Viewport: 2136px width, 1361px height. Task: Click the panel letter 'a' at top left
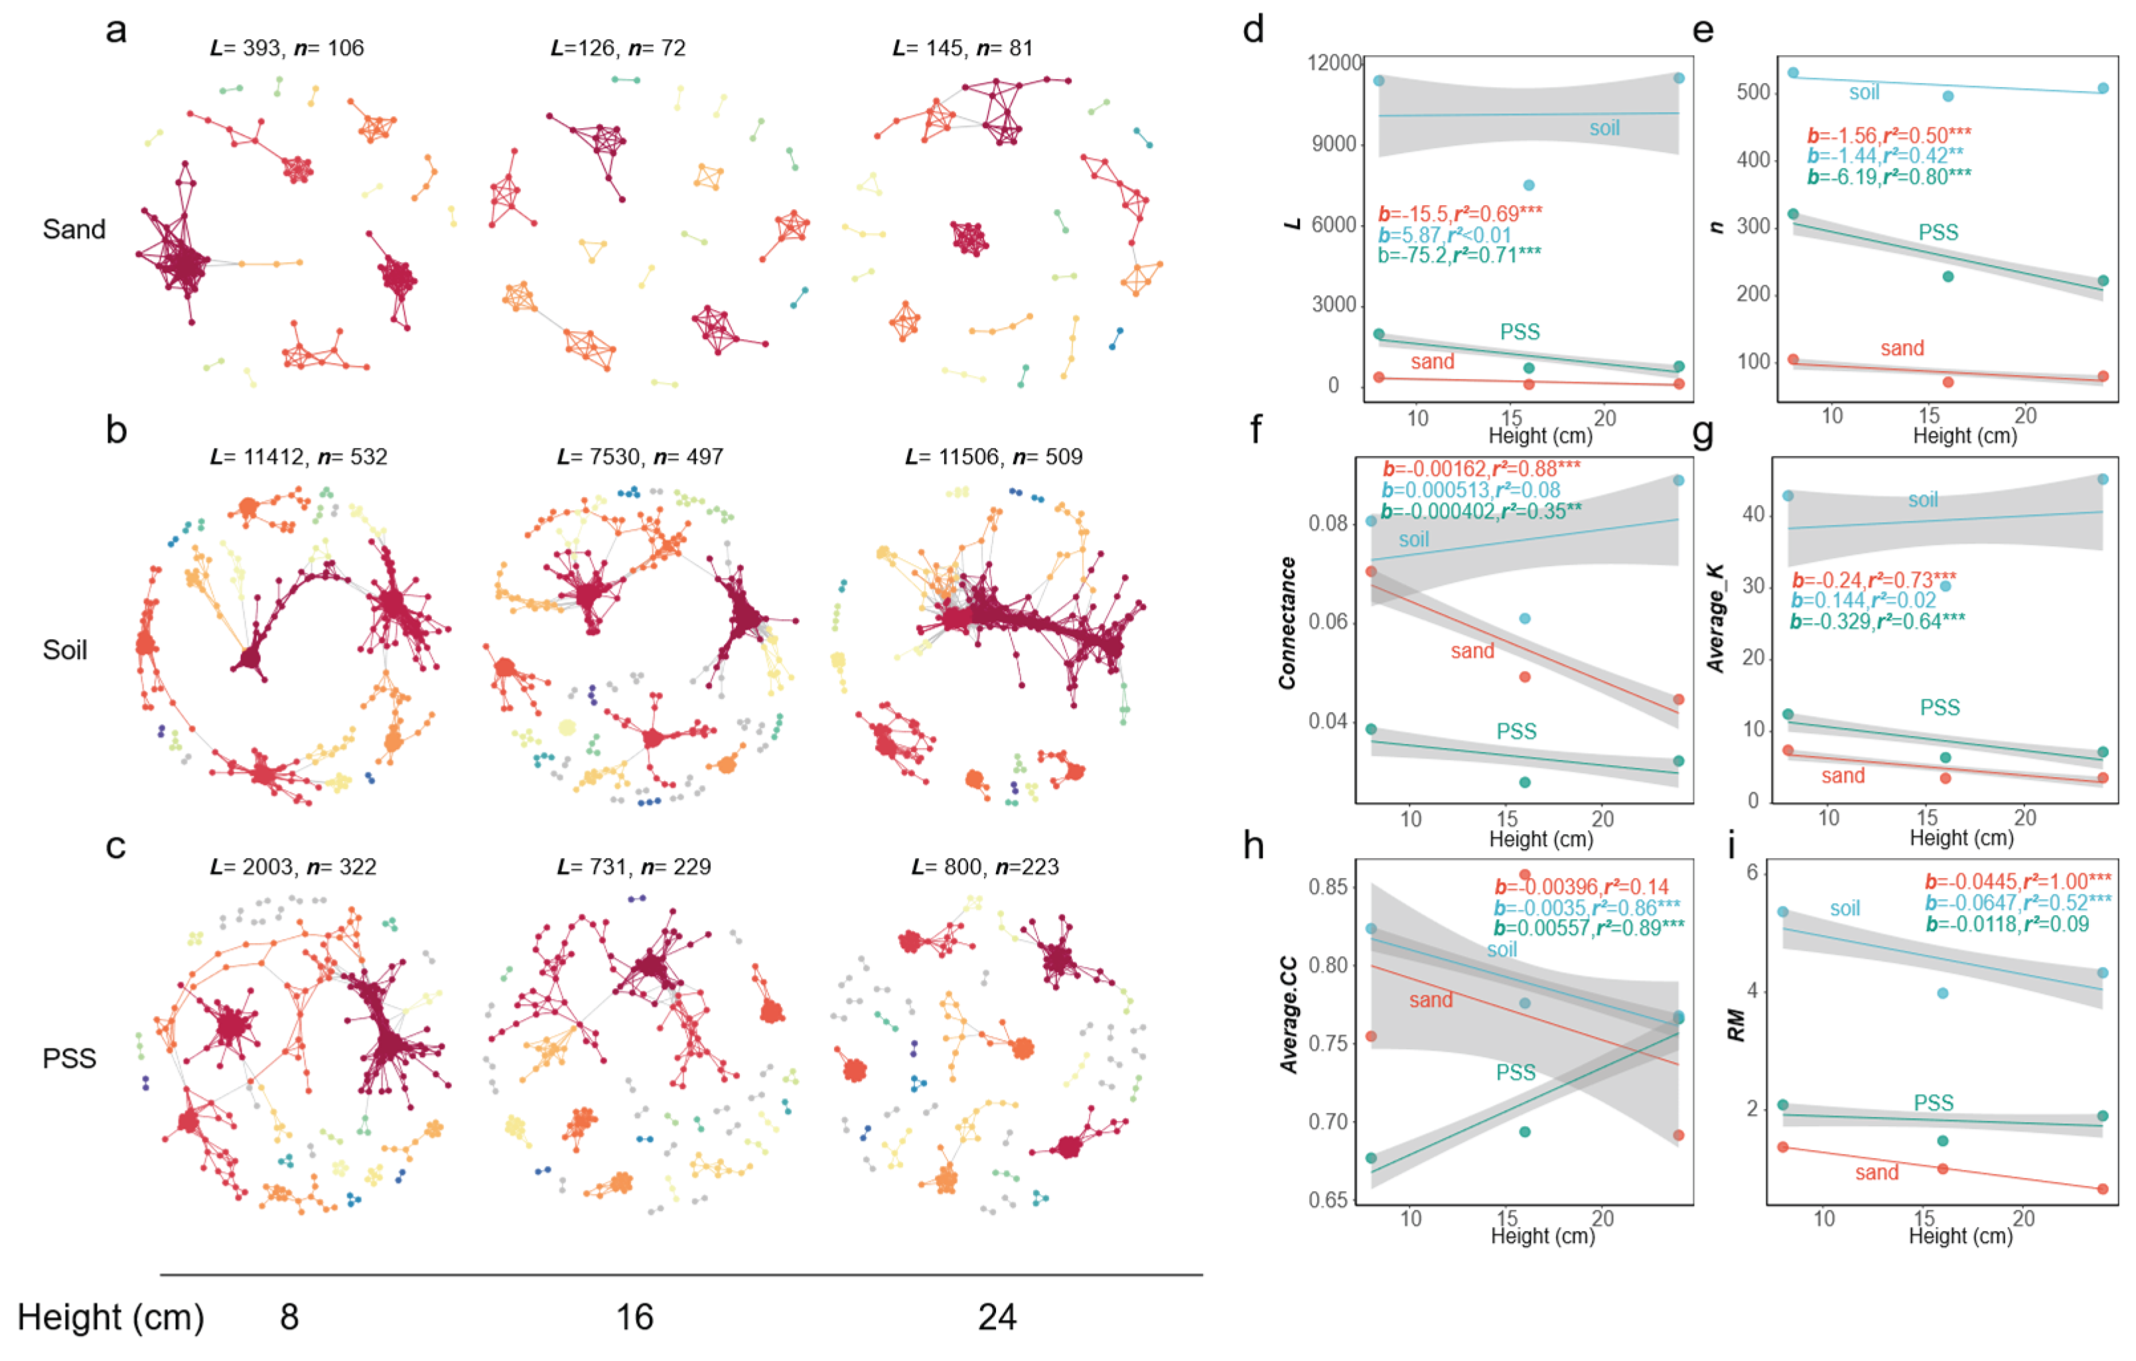(x=116, y=31)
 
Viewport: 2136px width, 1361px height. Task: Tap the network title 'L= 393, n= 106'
(x=287, y=48)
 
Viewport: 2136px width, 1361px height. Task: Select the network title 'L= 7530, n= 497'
(x=640, y=457)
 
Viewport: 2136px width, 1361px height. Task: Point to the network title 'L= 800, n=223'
(x=985, y=867)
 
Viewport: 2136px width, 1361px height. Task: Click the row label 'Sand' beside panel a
(x=74, y=230)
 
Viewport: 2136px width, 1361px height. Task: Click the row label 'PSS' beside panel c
(x=69, y=1058)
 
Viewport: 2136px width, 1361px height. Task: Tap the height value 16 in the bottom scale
(x=634, y=1317)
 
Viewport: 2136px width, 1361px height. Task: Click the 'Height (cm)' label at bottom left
(x=111, y=1317)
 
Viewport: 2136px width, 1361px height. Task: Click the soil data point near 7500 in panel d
(x=1528, y=185)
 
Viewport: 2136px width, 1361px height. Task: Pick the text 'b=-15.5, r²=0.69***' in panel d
(x=1460, y=214)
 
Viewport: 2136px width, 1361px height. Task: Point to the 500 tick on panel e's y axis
(x=1753, y=93)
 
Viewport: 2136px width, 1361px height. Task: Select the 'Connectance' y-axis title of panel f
(x=1287, y=623)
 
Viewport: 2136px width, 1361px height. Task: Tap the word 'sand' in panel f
(x=1472, y=651)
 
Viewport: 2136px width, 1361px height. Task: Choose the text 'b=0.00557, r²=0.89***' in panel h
(x=1589, y=928)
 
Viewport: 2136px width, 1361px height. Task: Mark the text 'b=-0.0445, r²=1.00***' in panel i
(x=2018, y=881)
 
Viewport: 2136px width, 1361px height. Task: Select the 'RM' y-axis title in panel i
(x=1736, y=1026)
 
